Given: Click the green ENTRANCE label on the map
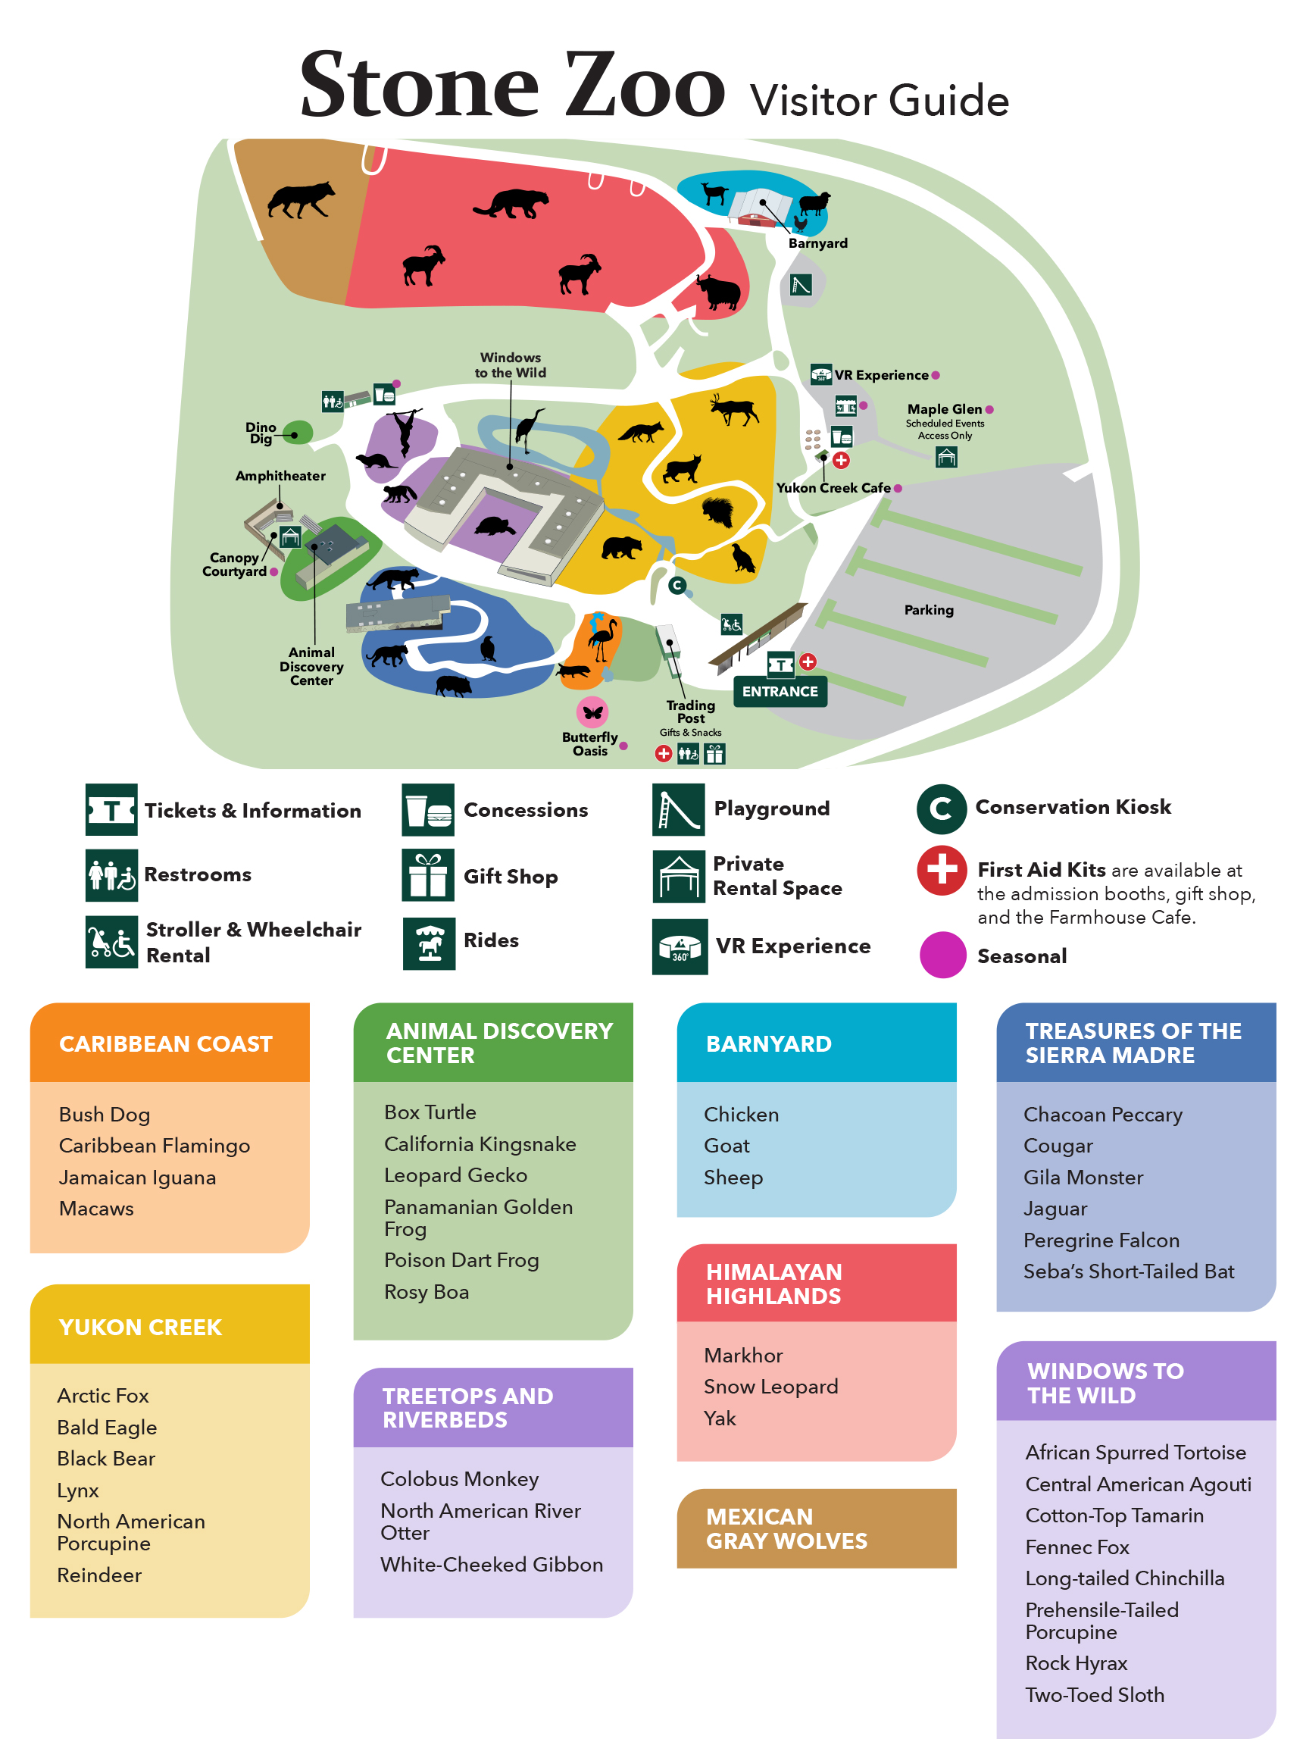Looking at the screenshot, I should click(x=780, y=691).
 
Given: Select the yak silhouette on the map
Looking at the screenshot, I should click(x=718, y=292).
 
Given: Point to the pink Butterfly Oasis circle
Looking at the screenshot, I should click(x=592, y=712).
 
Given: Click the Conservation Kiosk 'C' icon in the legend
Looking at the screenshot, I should click(x=941, y=809).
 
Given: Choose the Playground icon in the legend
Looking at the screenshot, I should click(x=677, y=809).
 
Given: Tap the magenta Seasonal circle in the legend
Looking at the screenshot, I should click(x=942, y=955).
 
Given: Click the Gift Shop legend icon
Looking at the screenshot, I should click(x=427, y=875).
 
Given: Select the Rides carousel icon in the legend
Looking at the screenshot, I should click(x=428, y=943).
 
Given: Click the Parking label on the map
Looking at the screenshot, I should click(x=928, y=610).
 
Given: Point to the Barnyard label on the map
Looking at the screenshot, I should click(x=818, y=243).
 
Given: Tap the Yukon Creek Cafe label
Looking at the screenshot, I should click(x=833, y=487).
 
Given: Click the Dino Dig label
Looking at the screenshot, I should click(x=261, y=433).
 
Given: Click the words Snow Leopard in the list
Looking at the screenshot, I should click(x=770, y=1386).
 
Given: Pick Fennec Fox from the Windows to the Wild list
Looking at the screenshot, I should click(x=1076, y=1547).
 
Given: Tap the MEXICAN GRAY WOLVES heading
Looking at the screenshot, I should click(x=786, y=1528).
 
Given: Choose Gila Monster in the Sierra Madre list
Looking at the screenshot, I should click(x=1083, y=1176).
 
